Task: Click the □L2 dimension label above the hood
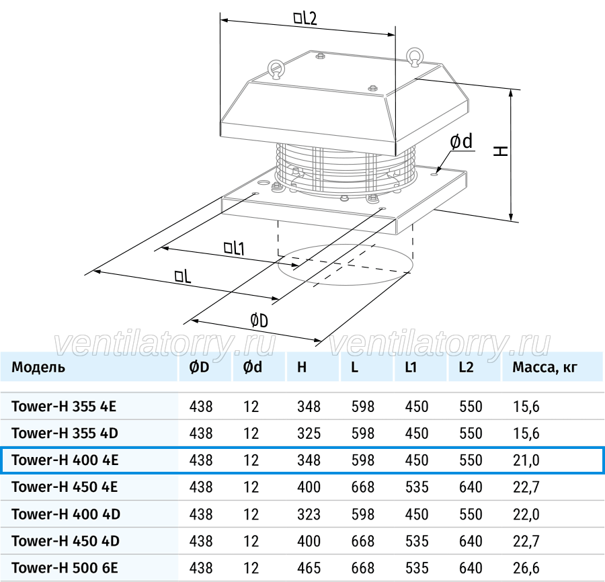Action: click(x=305, y=18)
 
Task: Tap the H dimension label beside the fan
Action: click(x=501, y=151)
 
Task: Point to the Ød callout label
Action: click(x=461, y=142)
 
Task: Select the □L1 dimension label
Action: click(x=234, y=248)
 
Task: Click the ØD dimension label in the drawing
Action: click(x=259, y=321)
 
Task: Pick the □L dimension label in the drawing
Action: click(x=182, y=276)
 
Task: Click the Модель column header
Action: click(x=38, y=367)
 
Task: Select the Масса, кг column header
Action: click(x=544, y=367)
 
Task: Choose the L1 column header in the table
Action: click(x=411, y=367)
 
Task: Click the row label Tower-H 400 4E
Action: click(x=65, y=460)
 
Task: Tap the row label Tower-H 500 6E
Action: click(x=65, y=568)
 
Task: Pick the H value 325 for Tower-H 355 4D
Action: click(x=309, y=433)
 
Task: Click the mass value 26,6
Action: click(x=526, y=568)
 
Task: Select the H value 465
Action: click(x=309, y=568)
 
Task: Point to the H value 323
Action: click(x=309, y=514)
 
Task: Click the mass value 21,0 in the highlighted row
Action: click(x=526, y=460)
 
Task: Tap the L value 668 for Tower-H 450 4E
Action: click(x=363, y=487)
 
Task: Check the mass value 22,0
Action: click(x=526, y=514)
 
